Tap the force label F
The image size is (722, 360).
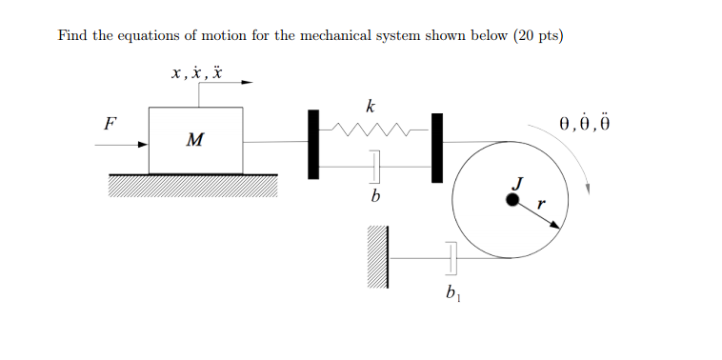click(110, 123)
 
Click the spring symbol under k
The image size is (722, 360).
click(372, 128)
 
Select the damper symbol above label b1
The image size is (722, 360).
click(451, 257)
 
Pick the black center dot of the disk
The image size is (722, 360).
click(512, 200)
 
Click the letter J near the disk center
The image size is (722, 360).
click(518, 182)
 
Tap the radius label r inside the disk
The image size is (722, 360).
click(540, 203)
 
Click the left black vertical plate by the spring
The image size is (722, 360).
click(312, 144)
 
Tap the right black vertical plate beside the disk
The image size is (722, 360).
click(437, 148)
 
